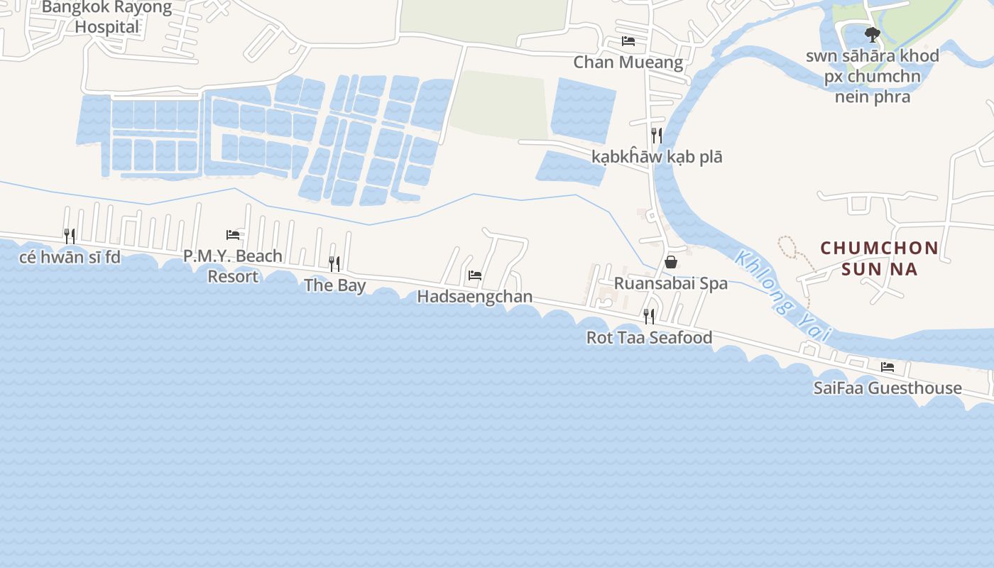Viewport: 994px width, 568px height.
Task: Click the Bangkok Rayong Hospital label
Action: click(x=107, y=17)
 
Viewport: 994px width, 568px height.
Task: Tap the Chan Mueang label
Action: click(x=628, y=62)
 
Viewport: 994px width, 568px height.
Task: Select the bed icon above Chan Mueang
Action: click(x=628, y=41)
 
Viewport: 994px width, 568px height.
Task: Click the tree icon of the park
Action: click(x=872, y=34)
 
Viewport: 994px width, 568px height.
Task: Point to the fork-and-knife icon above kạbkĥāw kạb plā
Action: click(x=657, y=135)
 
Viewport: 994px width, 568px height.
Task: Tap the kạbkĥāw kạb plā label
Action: click(x=657, y=157)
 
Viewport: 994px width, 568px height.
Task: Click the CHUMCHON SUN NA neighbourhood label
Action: click(x=880, y=258)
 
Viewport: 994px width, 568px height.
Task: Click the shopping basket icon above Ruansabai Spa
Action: click(x=670, y=262)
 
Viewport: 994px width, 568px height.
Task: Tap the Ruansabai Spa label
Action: click(x=670, y=283)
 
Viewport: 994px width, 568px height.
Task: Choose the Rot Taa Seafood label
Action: click(x=649, y=337)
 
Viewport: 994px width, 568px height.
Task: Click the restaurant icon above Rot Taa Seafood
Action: click(x=648, y=316)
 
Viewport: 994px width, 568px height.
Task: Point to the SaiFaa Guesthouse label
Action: click(x=887, y=388)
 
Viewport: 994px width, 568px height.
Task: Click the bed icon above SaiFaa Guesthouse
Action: click(x=887, y=367)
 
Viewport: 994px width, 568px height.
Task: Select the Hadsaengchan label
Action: click(x=474, y=296)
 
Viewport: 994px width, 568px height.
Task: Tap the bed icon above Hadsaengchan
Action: click(x=475, y=275)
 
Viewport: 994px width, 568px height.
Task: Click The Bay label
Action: click(x=334, y=285)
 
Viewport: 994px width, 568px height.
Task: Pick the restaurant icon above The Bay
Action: click(x=334, y=264)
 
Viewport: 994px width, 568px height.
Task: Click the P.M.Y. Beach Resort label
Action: click(x=233, y=266)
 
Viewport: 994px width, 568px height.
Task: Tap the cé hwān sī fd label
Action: click(x=70, y=257)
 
